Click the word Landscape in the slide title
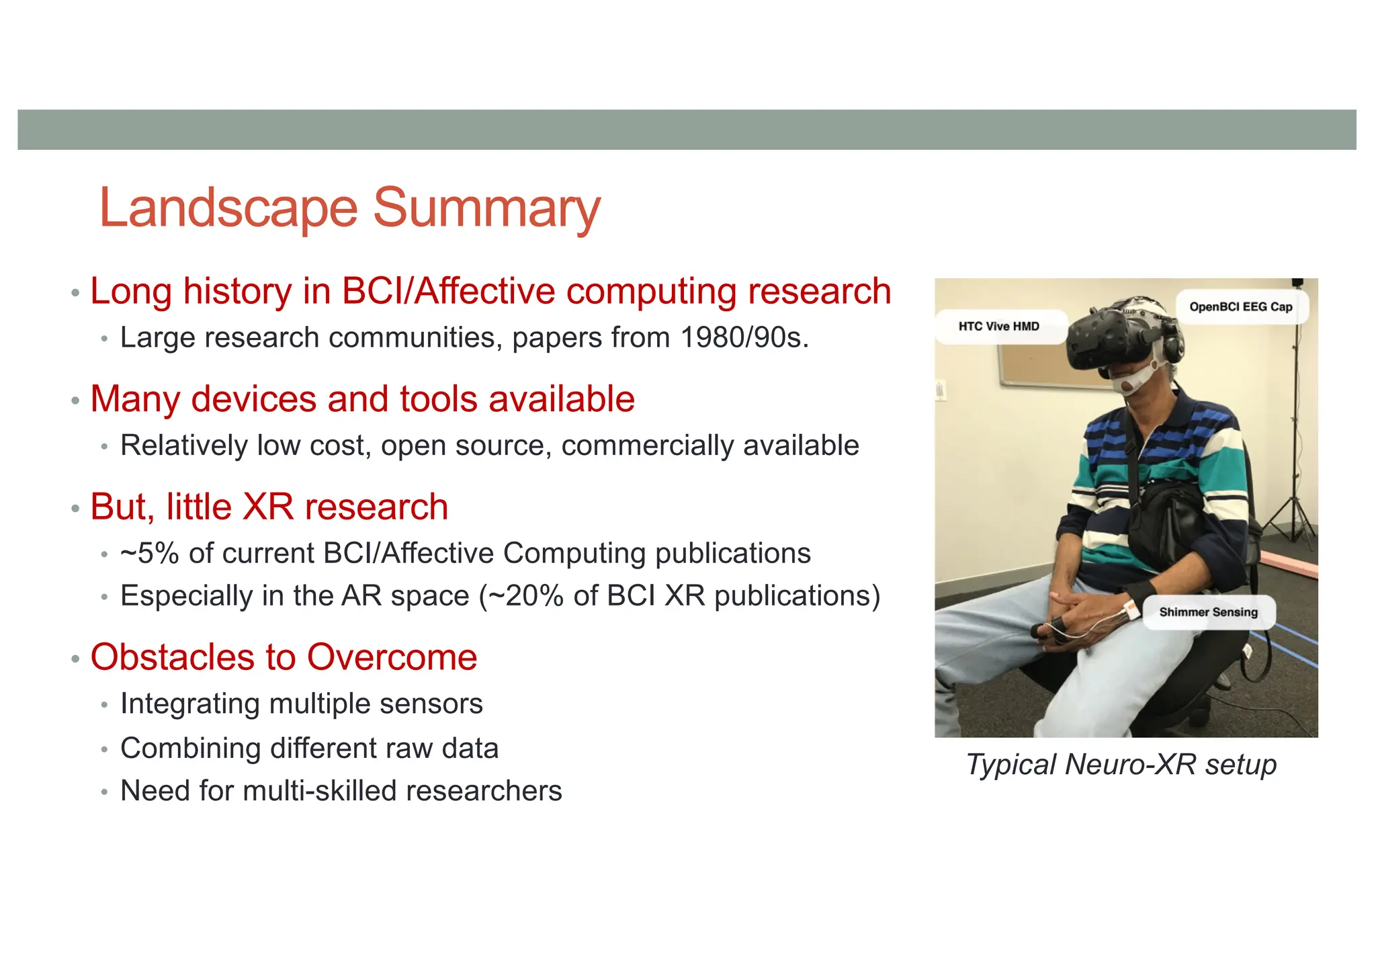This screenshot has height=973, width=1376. click(228, 208)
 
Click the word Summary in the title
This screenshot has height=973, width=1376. click(486, 208)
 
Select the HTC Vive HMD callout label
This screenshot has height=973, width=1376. click(998, 327)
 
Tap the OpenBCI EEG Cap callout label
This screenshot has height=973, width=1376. click(1240, 307)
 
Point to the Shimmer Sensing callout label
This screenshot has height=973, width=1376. click(1208, 612)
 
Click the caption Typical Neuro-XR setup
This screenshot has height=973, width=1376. click(1121, 765)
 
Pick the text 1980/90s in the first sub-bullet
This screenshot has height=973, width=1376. click(743, 337)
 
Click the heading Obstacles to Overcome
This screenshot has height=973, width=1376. click(284, 657)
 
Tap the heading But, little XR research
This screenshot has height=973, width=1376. click(269, 507)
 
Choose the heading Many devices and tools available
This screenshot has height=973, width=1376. click(362, 399)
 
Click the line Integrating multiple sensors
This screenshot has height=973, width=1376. click(301, 704)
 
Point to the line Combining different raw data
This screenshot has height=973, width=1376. click(309, 749)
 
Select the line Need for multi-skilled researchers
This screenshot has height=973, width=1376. click(341, 791)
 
